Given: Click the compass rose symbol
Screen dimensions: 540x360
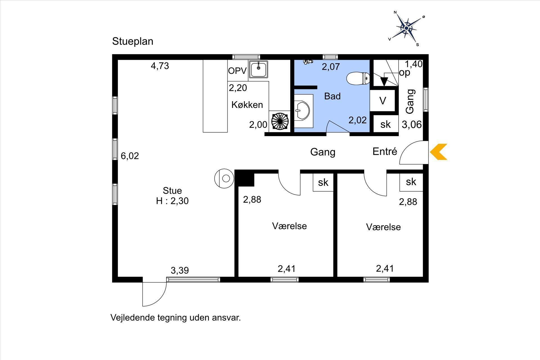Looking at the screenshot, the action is (406, 28).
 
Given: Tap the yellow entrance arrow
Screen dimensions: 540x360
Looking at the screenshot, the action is (438, 152).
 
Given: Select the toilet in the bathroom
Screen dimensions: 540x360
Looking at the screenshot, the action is (358, 78).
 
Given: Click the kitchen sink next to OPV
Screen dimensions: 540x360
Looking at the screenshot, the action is (258, 69).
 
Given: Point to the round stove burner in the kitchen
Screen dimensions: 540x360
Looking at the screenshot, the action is (280, 121).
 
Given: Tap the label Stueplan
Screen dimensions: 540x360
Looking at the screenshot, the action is (133, 41).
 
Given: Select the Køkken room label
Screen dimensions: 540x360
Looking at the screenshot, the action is (247, 105).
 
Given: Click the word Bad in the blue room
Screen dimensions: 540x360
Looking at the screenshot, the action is (332, 96).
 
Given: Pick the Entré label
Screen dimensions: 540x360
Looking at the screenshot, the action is (385, 152).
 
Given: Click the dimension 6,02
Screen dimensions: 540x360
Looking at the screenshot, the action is (130, 156).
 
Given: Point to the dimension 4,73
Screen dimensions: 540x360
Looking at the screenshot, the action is (160, 66).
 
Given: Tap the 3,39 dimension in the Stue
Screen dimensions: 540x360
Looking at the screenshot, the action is (180, 270).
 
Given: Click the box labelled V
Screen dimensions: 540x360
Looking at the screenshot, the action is (382, 100).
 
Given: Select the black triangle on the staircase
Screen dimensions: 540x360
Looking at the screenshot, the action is (384, 82).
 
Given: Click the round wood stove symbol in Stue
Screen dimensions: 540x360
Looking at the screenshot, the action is (224, 178).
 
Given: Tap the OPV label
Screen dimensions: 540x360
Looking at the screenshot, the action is (237, 71).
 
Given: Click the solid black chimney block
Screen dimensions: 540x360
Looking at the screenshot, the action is (245, 178).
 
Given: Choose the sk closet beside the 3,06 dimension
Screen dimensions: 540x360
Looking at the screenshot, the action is (386, 124).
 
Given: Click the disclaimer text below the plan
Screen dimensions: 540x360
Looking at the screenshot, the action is (176, 318).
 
